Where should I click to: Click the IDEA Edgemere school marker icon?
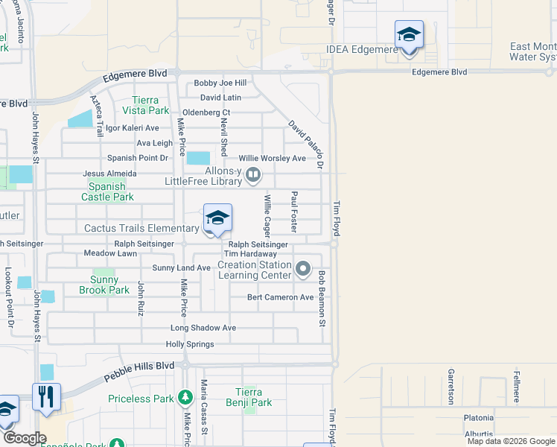408,35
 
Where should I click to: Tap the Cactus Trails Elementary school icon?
217,218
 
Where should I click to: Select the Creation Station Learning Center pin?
302,268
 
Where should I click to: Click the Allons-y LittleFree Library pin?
254,174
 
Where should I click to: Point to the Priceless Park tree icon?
185,399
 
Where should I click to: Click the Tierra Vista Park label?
151,105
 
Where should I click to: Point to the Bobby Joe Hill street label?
220,83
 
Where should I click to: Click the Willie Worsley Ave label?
272,159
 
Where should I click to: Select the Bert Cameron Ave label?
281,297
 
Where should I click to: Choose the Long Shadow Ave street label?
203,328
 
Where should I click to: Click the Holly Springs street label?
190,344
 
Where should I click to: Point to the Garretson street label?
451,386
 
